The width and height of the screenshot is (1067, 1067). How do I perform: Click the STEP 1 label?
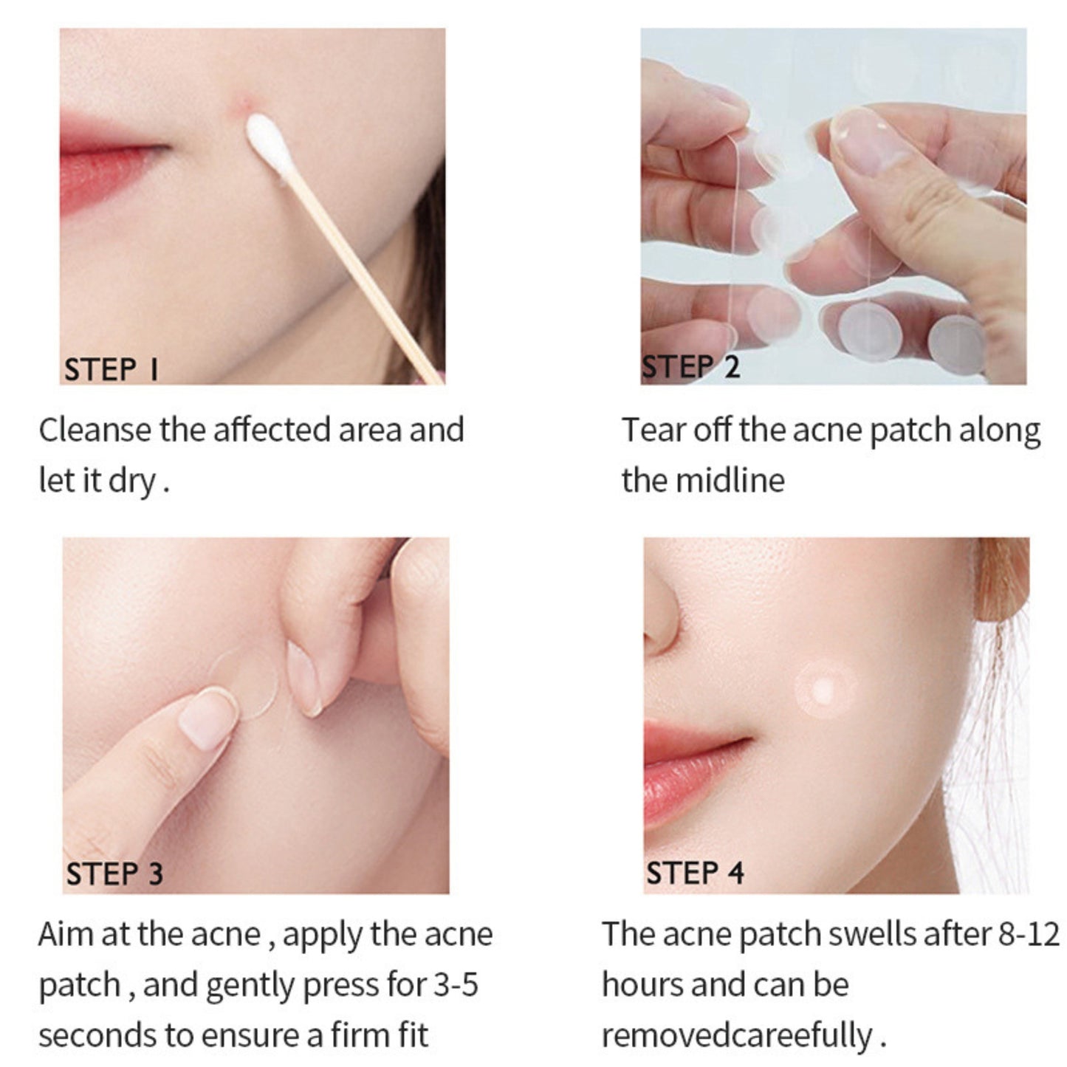tap(111, 369)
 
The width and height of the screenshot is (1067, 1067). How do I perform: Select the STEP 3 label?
tap(114, 874)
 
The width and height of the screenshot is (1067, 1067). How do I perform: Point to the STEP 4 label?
tap(695, 873)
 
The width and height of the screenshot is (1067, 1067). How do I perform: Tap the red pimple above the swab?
tap(242, 104)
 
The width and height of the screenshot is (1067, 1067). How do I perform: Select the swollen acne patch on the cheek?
tap(825, 690)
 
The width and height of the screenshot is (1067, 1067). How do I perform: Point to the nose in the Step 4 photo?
tap(665, 613)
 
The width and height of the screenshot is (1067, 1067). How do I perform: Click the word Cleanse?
tap(94, 430)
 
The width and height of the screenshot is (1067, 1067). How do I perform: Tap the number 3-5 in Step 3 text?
tap(455, 984)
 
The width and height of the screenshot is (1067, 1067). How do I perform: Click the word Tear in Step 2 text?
tap(653, 430)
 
